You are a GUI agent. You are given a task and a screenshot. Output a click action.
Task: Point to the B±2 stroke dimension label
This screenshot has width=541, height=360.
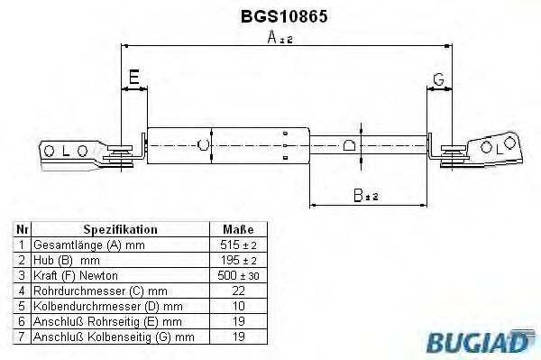[365, 193]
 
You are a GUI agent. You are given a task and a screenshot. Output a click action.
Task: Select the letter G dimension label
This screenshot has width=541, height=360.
[437, 80]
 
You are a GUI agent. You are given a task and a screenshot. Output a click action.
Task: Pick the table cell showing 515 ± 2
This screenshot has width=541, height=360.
[238, 245]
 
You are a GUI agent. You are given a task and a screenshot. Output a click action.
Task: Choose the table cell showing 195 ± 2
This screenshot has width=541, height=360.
[238, 260]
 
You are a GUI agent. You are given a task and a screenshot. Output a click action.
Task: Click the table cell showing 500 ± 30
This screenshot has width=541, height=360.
[238, 275]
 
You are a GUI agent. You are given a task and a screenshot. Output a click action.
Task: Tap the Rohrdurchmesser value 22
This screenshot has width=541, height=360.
[238, 291]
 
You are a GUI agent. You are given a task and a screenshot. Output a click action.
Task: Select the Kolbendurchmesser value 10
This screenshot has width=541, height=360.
[238, 306]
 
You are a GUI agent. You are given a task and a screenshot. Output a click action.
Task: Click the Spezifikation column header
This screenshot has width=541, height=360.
[120, 229]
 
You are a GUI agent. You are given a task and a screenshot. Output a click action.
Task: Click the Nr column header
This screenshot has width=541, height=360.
[22, 229]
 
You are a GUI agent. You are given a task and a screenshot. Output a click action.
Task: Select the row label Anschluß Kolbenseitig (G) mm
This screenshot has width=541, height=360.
[113, 337]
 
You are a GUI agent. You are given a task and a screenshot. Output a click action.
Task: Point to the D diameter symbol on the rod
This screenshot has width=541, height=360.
[349, 143]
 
